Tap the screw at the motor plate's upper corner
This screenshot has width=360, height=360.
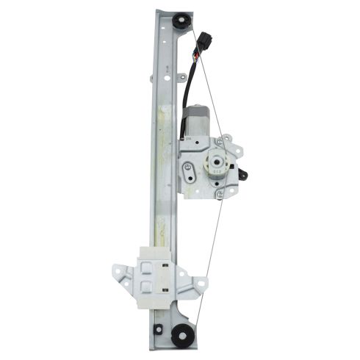[x=228, y=138]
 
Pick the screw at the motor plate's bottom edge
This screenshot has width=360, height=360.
[x=219, y=194]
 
